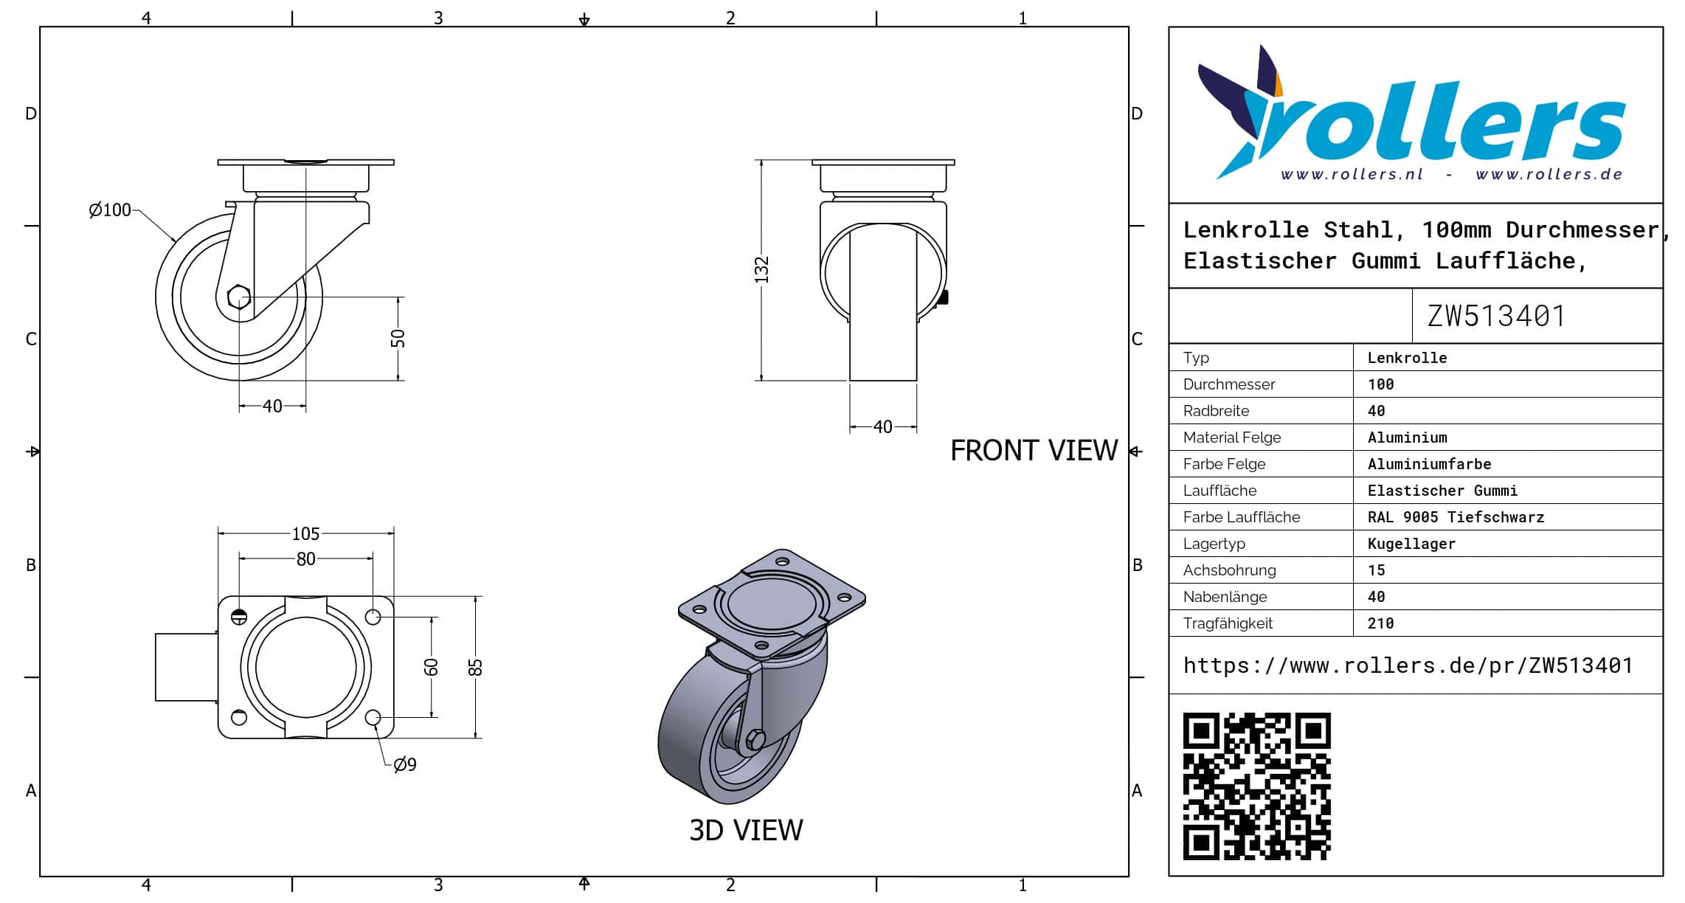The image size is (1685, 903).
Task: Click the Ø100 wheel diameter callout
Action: pos(109,210)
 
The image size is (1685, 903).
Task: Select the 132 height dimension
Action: pos(762,269)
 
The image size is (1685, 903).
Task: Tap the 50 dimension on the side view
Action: pos(398,339)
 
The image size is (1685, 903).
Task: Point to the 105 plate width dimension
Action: pos(305,533)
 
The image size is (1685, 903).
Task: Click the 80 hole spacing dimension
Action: pos(305,559)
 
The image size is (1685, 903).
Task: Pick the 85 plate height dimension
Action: pos(476,667)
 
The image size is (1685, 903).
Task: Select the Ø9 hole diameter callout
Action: pos(405,764)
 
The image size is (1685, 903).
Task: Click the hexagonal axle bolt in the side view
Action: pos(239,297)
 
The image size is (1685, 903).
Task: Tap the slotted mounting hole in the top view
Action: pos(239,617)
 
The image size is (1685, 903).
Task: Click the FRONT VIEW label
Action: pos(1034,450)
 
